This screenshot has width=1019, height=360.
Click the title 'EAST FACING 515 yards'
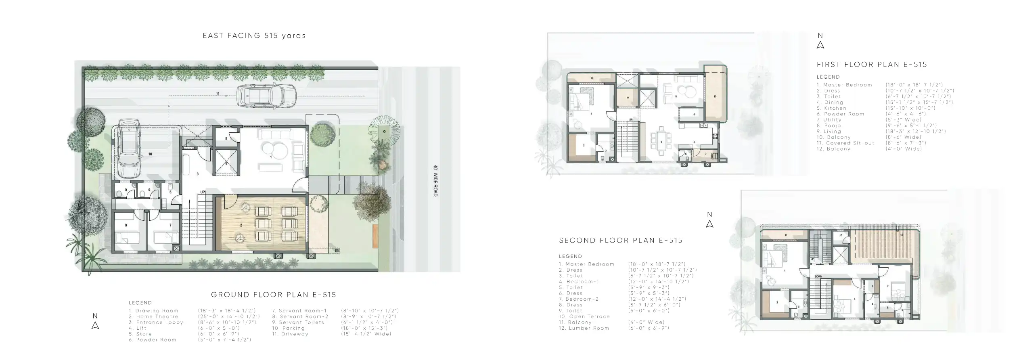(x=254, y=36)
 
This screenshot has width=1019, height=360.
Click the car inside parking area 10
(x=129, y=149)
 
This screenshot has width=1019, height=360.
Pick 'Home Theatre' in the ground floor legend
(x=157, y=316)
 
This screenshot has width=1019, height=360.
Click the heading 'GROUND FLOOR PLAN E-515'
(x=274, y=295)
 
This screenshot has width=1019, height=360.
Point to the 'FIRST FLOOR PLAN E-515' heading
(x=872, y=65)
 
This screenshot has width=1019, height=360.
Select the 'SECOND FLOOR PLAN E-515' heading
(x=621, y=241)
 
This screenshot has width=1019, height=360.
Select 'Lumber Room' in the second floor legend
(x=589, y=328)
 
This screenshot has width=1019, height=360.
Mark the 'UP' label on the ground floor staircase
(x=203, y=192)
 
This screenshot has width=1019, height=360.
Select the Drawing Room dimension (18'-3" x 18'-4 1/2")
(x=227, y=311)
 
